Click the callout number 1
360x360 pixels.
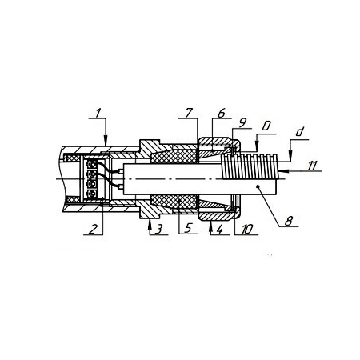pyautogui.click(x=98, y=113)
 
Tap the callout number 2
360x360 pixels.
pyautogui.click(x=93, y=230)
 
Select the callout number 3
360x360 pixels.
pyautogui.click(x=159, y=229)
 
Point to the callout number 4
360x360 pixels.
pyautogui.click(x=219, y=229)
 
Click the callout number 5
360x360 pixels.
pyautogui.click(x=188, y=229)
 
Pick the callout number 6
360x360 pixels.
pyautogui.click(x=222, y=113)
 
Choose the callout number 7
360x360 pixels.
pyautogui.click(x=189, y=113)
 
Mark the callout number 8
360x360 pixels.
pyautogui.click(x=289, y=221)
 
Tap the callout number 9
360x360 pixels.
pyautogui.click(x=242, y=123)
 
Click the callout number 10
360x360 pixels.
pyautogui.click(x=247, y=229)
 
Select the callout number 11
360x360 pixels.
pyautogui.click(x=312, y=166)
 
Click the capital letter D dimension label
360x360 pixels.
pyautogui.click(x=266, y=126)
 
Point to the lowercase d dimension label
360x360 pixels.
pyautogui.click(x=300, y=132)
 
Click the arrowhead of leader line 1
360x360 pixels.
pyautogui.click(x=106, y=142)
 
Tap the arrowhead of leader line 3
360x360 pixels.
pyautogui.click(x=150, y=223)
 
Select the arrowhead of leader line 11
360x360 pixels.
pyautogui.click(x=282, y=170)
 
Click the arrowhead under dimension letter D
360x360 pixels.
pyautogui.click(x=257, y=148)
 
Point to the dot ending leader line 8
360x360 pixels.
pyautogui.click(x=258, y=187)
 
